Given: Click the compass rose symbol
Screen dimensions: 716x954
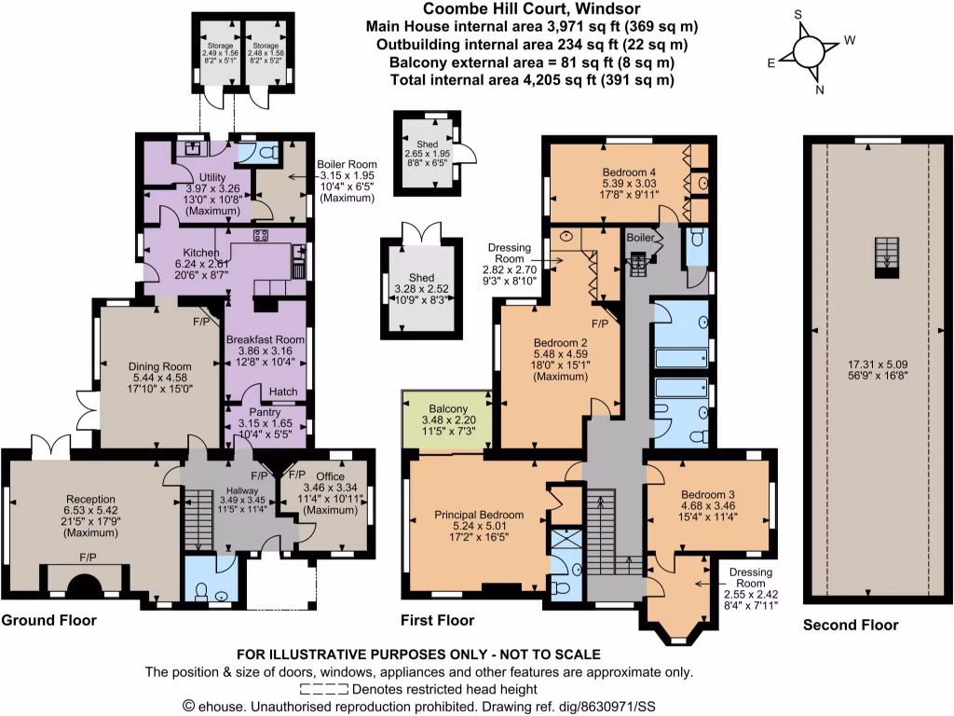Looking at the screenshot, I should (807, 50).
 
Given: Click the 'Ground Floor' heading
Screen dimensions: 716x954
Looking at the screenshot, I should (48, 620).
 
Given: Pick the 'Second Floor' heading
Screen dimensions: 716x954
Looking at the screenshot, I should (851, 625).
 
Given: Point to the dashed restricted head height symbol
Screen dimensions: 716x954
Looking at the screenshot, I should (325, 690).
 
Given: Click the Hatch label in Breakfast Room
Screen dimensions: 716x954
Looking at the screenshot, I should (282, 392).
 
